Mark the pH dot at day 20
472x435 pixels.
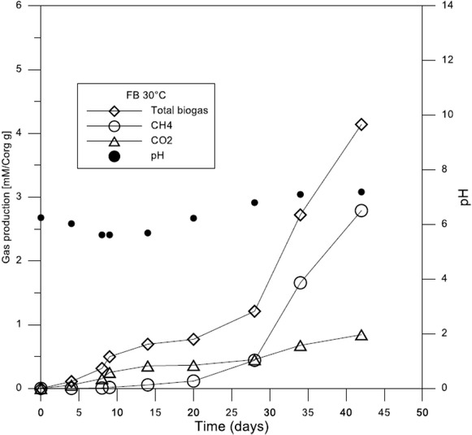(x=193, y=218)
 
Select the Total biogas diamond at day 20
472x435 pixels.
(x=193, y=339)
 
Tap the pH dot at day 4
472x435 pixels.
(x=71, y=224)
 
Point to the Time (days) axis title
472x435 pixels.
(x=231, y=425)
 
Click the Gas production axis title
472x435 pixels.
(x=9, y=197)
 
